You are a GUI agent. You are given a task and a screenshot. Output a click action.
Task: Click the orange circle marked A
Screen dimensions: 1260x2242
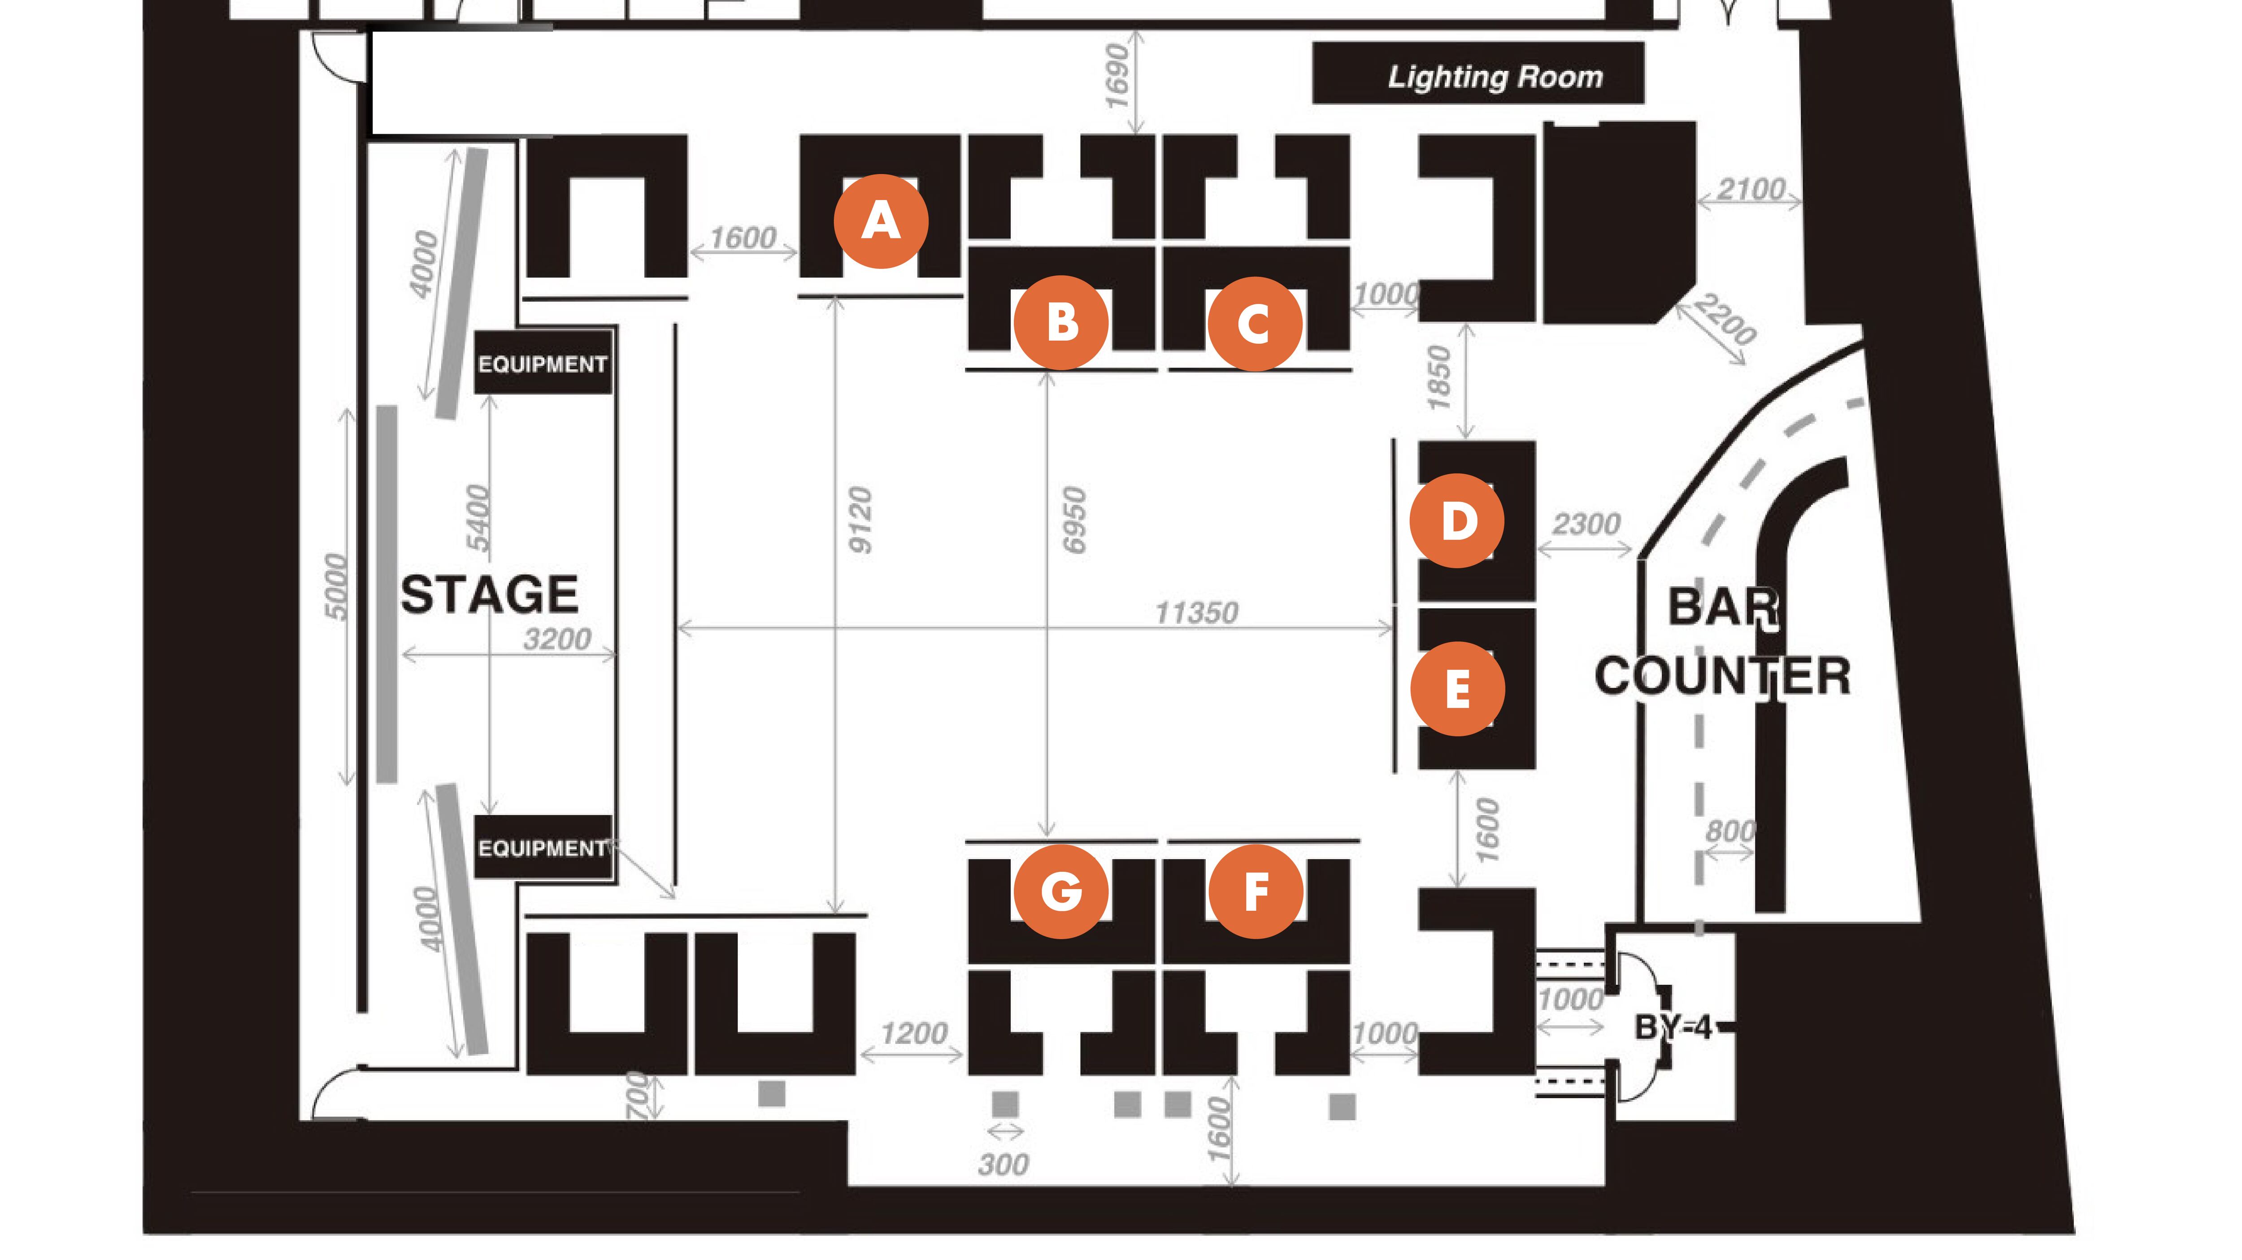click(881, 221)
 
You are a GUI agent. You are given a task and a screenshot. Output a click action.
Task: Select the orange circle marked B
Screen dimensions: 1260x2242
click(1061, 323)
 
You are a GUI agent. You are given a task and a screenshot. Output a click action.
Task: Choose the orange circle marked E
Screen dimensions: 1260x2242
click(1457, 689)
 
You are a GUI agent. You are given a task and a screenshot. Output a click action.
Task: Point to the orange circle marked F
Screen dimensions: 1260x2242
click(1255, 891)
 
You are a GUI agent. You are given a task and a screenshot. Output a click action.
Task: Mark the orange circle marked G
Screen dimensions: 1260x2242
click(1061, 891)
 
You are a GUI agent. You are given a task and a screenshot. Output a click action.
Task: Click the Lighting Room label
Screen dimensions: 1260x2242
click(1495, 77)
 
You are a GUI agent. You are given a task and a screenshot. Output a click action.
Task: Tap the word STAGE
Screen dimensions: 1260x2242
click(489, 595)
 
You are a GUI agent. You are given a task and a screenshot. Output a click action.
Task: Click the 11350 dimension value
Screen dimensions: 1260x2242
click(1196, 613)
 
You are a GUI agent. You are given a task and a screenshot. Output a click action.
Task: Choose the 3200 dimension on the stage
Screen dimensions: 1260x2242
click(557, 640)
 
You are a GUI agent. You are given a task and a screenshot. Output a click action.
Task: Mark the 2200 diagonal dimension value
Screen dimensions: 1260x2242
click(1725, 319)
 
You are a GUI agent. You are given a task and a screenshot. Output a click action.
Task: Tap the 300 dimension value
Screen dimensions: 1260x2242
click(1004, 1164)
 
